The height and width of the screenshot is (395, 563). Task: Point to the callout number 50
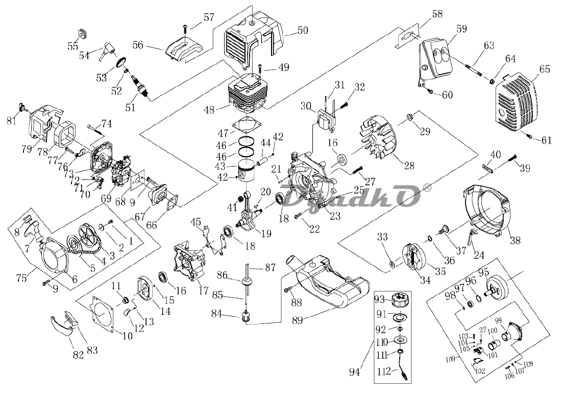(x=303, y=31)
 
